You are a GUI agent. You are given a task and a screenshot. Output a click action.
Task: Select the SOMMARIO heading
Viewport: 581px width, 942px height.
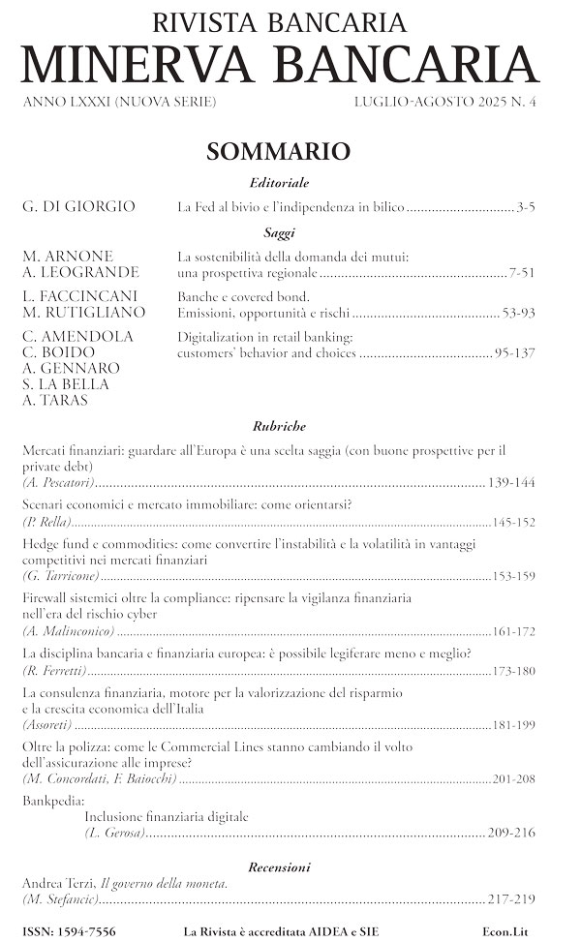point(277,152)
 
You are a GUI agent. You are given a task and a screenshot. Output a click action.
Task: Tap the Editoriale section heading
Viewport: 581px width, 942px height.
point(279,183)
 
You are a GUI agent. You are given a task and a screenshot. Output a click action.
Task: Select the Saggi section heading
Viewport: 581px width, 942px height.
point(279,232)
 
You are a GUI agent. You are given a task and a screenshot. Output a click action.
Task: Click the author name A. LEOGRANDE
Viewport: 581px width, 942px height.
point(79,273)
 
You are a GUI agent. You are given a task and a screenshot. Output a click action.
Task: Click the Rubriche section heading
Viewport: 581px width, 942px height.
point(279,425)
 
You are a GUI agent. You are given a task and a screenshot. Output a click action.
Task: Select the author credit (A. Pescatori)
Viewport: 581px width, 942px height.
point(57,482)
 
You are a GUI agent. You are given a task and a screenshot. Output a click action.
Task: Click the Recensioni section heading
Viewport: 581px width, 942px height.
point(279,866)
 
